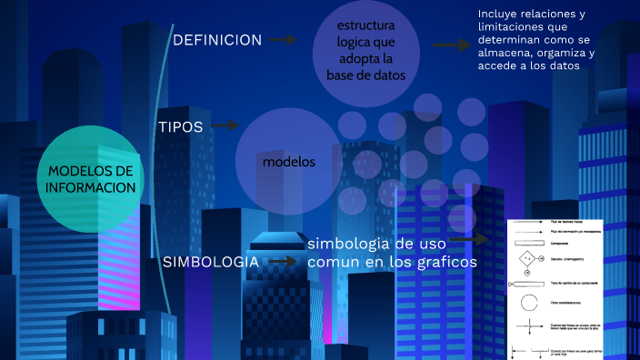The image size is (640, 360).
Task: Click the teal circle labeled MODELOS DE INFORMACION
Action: pos(91,177)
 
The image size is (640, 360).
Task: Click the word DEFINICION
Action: pos(217,40)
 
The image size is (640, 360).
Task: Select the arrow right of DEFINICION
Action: pos(284,40)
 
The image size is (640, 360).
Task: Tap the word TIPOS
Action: pos(181,126)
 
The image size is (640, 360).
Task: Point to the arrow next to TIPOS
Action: pos(225,126)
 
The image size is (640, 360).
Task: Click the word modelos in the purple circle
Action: pos(289,162)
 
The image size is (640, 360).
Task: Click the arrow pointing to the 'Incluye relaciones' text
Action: pos(451,45)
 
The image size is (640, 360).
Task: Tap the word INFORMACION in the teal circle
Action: pos(92,187)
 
